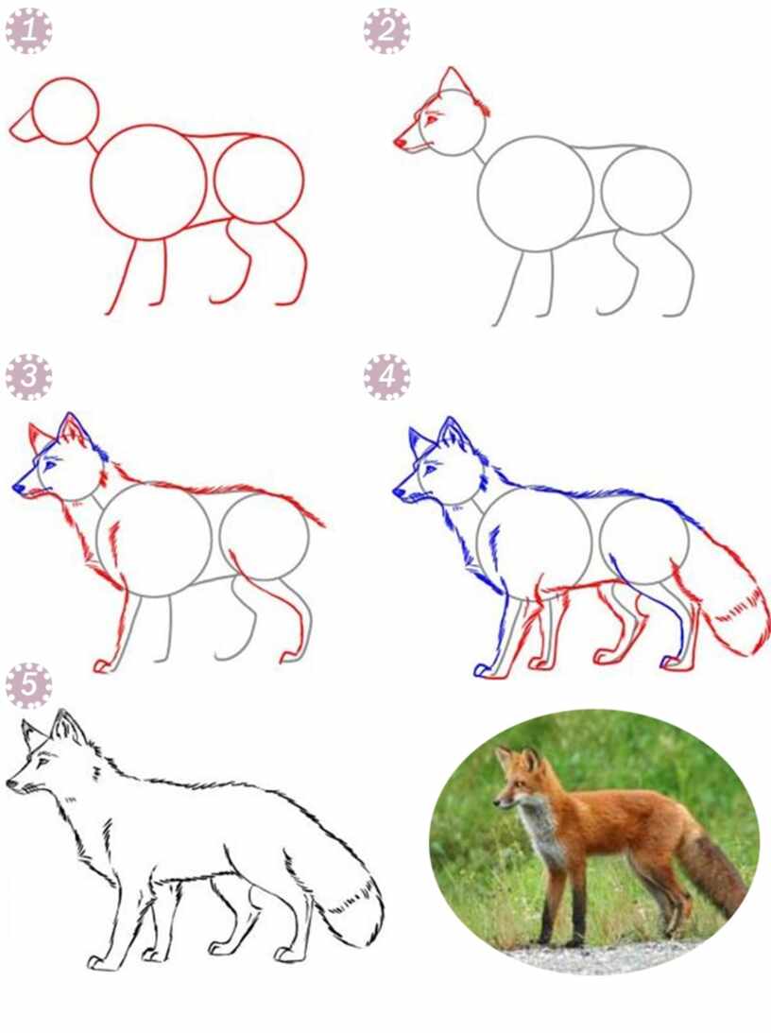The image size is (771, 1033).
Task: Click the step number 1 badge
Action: pos(28,31)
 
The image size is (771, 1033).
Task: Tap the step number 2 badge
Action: pos(386,31)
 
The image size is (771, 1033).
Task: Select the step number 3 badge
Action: pos(28,377)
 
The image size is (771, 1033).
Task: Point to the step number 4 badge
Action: pos(386,377)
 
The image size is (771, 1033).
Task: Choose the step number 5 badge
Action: pos(28,686)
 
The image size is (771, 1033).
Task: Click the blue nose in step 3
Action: pos(18,489)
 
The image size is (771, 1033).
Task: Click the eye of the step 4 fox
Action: pos(430,469)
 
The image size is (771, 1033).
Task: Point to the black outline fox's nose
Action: pos(12,783)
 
